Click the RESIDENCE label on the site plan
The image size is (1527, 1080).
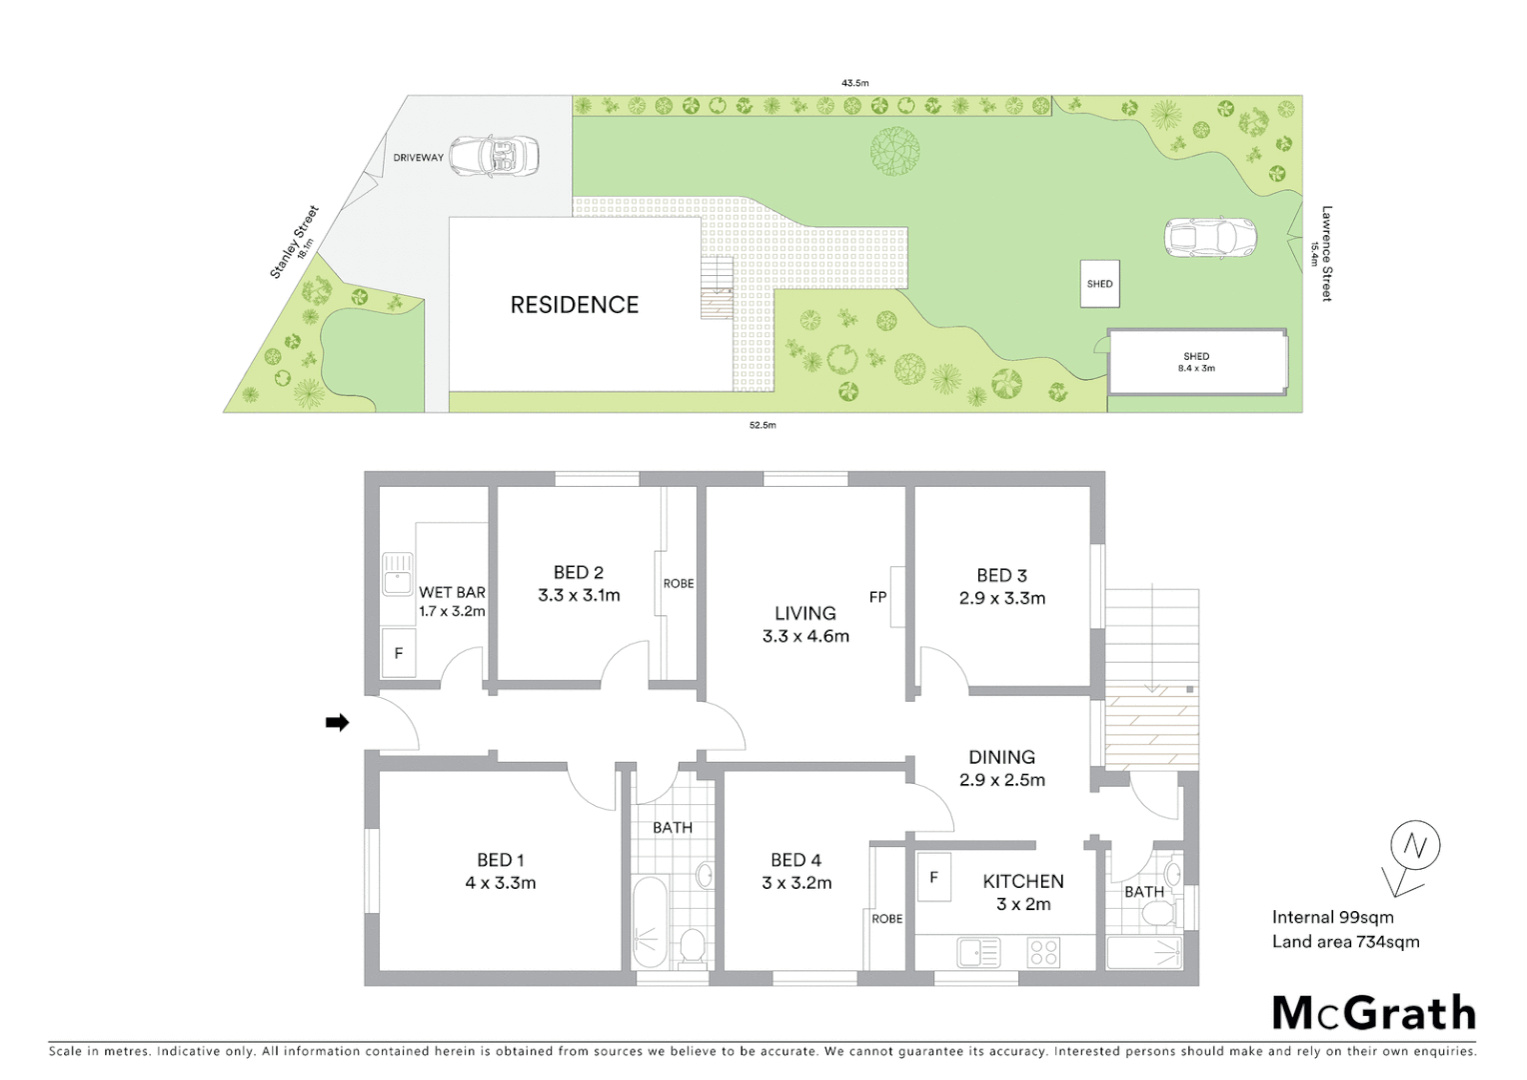pos(574,305)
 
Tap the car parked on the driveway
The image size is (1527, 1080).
pos(494,156)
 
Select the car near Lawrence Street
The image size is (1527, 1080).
pos(1209,237)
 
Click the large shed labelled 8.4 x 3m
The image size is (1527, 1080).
pos(1196,362)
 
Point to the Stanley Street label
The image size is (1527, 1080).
pos(294,242)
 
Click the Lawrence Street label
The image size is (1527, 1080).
pos(1326,253)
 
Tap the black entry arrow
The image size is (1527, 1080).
pos(338,722)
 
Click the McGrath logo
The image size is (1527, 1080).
pos(1374,1013)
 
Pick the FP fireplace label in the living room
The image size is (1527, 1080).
pos(877,597)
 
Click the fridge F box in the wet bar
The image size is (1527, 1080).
pos(398,653)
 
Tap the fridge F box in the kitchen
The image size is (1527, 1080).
pos(933,877)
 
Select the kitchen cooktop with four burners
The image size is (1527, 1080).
pos(1043,952)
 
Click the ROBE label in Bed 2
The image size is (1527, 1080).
pos(678,583)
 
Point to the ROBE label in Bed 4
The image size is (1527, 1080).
pos(886,918)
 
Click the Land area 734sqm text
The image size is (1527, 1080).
pos(1345,941)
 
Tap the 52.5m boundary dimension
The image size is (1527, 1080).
pos(763,425)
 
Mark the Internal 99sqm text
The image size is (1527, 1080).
pos(1332,917)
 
